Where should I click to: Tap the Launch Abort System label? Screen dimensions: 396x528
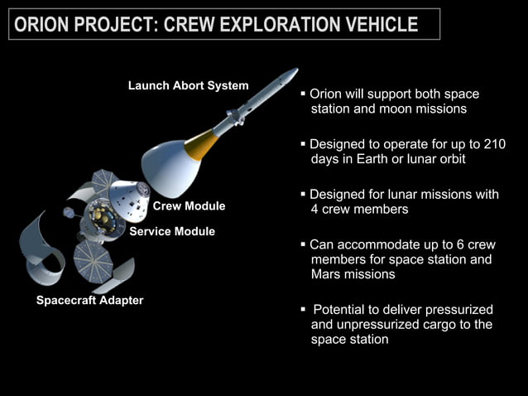pyautogui.click(x=188, y=85)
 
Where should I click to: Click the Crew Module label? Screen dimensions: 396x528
pyautogui.click(x=189, y=205)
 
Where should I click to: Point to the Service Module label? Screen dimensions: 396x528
pyautogui.click(x=172, y=231)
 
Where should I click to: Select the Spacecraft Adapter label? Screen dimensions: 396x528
pyautogui.click(x=89, y=300)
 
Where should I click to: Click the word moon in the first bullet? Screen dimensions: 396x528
pyautogui.click(x=394, y=109)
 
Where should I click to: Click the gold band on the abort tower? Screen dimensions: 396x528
pyautogui.click(x=201, y=145)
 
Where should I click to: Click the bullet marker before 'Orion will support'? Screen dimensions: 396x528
pyautogui.click(x=304, y=94)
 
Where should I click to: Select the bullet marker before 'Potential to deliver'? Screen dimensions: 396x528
pyautogui.click(x=304, y=309)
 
